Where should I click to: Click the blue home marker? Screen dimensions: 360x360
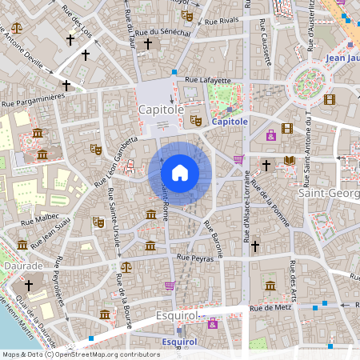(x=180, y=173)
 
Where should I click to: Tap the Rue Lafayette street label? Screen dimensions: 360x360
(x=207, y=80)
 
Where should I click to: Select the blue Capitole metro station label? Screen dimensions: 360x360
(x=230, y=122)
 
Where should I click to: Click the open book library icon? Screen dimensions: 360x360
(x=290, y=162)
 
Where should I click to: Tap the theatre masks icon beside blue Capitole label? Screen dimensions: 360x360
(x=195, y=121)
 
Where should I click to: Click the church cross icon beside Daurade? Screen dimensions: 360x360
(x=29, y=285)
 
